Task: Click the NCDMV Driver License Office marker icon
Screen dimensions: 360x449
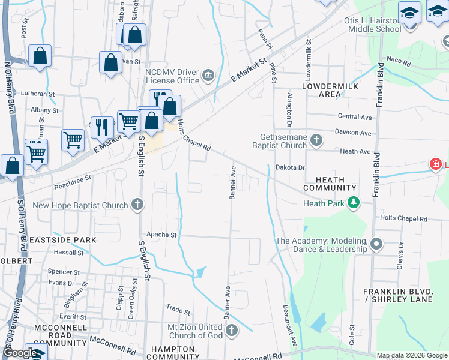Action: (208, 75)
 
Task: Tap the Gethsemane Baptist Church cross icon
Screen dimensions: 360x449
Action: (316, 141)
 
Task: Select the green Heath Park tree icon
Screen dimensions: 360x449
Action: (354, 203)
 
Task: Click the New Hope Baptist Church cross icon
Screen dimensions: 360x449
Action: (138, 205)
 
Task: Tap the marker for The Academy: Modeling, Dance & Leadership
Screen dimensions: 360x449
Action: (376, 244)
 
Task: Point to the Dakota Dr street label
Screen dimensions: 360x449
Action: (291, 168)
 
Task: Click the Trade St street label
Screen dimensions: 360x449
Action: (178, 311)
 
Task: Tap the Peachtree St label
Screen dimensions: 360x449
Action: (71, 178)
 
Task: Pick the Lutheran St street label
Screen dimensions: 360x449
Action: (37, 94)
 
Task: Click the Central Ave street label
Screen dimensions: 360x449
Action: (355, 116)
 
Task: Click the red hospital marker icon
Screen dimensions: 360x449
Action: (435, 164)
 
